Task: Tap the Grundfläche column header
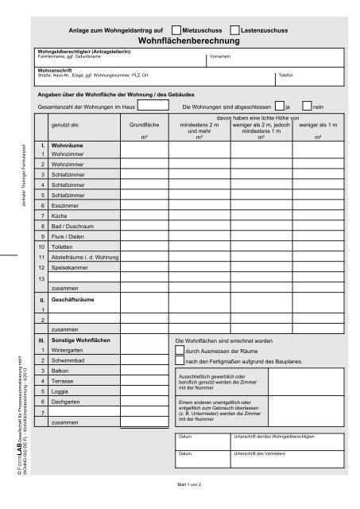(x=144, y=125)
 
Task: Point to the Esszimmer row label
(x=66, y=204)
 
